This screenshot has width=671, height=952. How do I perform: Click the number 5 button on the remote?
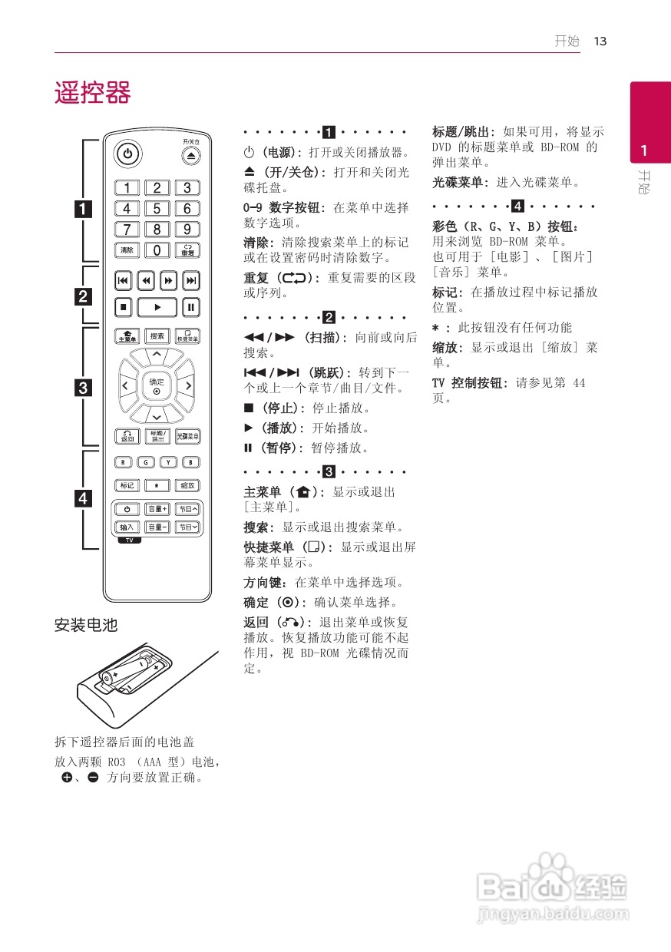[157, 208]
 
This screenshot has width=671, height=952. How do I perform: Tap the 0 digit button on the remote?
[157, 250]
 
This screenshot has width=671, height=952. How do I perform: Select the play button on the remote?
[157, 307]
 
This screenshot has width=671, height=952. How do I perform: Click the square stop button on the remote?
[124, 307]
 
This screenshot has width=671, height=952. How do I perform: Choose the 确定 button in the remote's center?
[157, 385]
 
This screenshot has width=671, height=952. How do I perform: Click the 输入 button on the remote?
[127, 527]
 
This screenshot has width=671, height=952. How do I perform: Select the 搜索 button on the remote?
[157, 336]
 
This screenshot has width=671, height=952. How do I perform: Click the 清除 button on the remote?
[127, 250]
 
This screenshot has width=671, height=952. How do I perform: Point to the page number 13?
[600, 41]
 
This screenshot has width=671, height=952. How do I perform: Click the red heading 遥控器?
[92, 93]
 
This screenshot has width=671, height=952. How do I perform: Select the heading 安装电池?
[85, 626]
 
